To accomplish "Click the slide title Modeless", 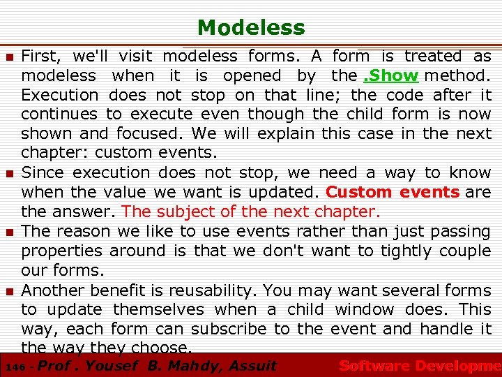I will point(251,27).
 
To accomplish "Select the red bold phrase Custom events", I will point(393,192).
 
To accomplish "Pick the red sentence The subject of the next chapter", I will point(252,212).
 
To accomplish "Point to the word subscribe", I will point(231,329).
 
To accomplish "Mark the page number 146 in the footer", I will point(13,366).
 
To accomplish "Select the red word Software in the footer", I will point(374,365).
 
